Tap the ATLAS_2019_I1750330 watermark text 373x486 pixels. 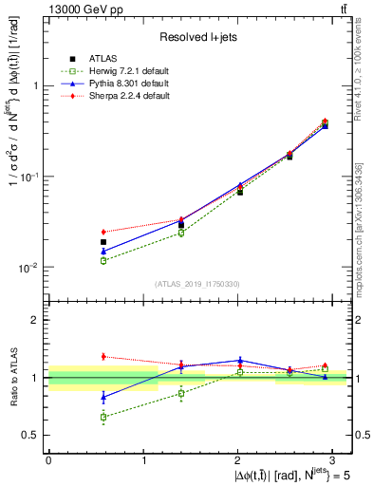[x=197, y=284]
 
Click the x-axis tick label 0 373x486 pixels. [x=48, y=459]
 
